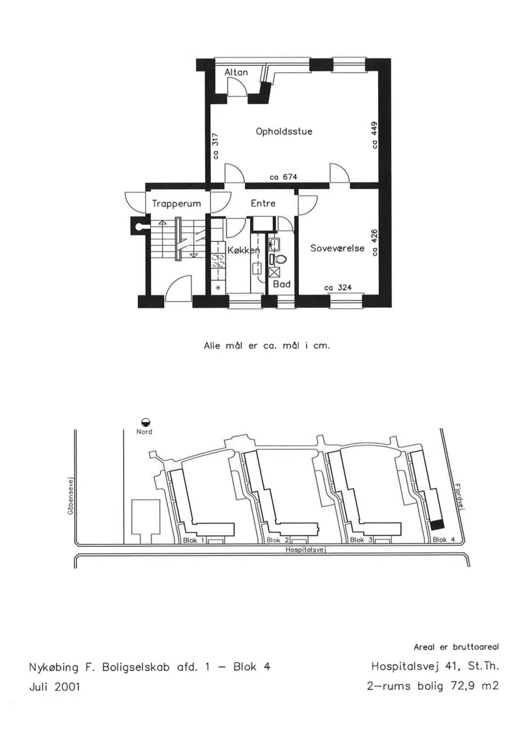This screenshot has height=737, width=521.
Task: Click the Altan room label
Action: [x=236, y=72]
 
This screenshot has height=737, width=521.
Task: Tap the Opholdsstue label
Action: [x=284, y=132]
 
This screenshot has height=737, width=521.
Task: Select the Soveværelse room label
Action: [x=337, y=248]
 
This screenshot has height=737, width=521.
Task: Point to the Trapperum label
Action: [x=176, y=204]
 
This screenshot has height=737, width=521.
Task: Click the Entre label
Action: [x=263, y=203]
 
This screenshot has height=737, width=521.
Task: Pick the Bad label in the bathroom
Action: [x=282, y=284]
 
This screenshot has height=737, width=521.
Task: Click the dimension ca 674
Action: [x=283, y=177]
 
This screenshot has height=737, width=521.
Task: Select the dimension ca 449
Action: [x=374, y=136]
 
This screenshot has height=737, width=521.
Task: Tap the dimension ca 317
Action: [x=216, y=146]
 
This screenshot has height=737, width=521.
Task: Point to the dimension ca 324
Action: [x=338, y=287]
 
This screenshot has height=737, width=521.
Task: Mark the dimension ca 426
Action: [x=374, y=242]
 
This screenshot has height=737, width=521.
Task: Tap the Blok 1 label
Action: [x=193, y=540]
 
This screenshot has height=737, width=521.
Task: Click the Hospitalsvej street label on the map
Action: [x=306, y=549]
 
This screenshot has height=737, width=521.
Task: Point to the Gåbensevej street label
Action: [x=70, y=497]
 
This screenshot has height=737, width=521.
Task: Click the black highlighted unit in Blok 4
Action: [x=438, y=525]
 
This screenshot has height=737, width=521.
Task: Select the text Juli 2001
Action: [x=55, y=687]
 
